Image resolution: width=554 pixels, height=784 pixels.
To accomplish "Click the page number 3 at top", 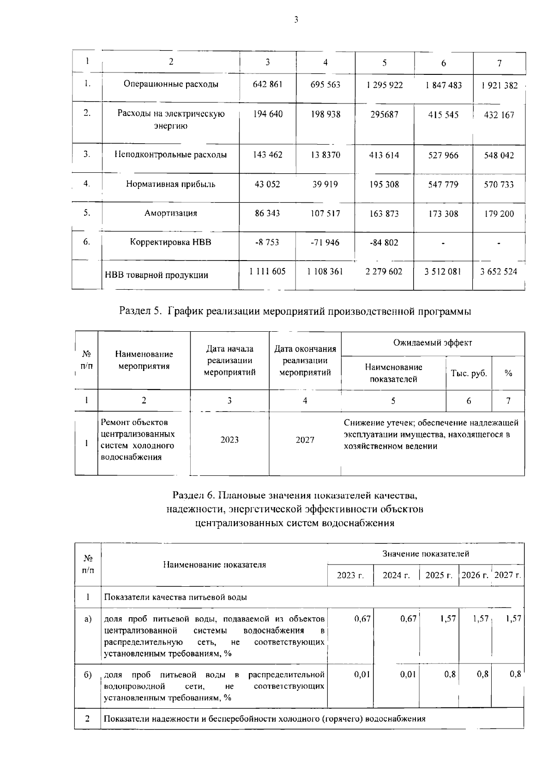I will pos(296,19).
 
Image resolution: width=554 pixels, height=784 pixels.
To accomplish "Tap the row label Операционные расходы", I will pos(171,84).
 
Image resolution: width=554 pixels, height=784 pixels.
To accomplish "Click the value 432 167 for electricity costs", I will pos(499,115).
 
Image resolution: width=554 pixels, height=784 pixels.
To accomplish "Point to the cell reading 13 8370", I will pos(325,155).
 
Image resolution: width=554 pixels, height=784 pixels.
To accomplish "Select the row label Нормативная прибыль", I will pos(171,184).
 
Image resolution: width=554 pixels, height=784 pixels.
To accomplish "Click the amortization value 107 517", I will pos(325,213).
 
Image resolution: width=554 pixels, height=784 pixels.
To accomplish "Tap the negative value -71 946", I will pos(325,243).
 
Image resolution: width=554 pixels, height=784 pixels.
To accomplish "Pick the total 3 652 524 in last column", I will pos(499,272).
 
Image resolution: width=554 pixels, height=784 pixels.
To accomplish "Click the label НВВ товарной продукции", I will pos(157,275).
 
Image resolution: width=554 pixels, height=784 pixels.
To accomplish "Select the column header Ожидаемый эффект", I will pos(433,343).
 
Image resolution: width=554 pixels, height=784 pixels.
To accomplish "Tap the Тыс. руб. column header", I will pos(469,373).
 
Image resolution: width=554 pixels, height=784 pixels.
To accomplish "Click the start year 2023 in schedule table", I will pos(229,440).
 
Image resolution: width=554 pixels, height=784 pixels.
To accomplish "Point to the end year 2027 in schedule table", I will pos(305,440).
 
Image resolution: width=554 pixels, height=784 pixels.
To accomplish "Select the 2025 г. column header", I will pos(439,576).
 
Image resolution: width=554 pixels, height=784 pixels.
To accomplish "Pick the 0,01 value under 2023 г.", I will pos(362,675).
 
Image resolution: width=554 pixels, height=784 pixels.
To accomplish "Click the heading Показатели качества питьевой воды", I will pos(175,597).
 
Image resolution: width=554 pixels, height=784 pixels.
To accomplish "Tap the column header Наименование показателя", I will pos(214,565).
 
